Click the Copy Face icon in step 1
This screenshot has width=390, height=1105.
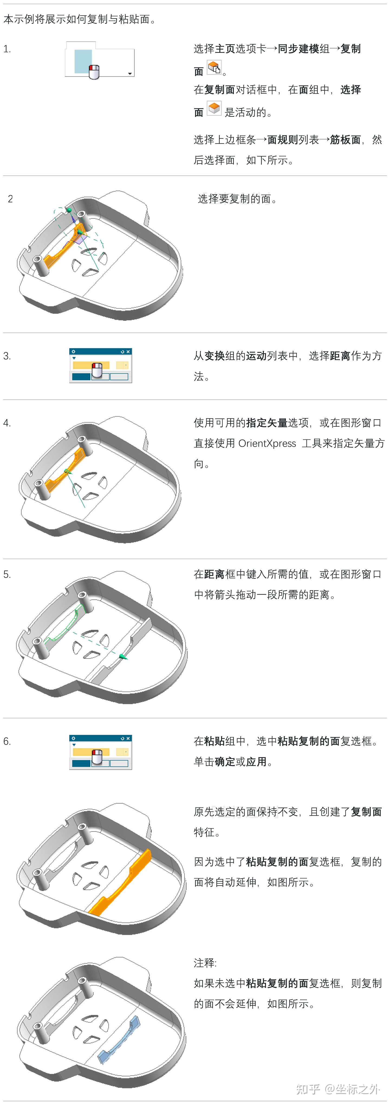click(x=214, y=67)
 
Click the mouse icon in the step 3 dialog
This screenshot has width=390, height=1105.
click(x=97, y=370)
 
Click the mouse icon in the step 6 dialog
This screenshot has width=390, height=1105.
click(x=97, y=757)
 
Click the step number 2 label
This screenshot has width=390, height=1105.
click(x=10, y=199)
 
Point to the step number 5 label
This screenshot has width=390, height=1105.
click(x=7, y=574)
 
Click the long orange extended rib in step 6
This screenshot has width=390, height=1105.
click(x=120, y=884)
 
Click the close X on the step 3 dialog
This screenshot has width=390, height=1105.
click(x=128, y=352)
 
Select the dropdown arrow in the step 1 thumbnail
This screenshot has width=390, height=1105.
click(x=130, y=74)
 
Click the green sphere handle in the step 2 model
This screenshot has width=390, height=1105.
click(x=69, y=210)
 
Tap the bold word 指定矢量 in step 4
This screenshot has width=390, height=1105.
click(x=266, y=423)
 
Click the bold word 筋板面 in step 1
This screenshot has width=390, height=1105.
click(x=345, y=140)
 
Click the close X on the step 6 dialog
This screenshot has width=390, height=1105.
click(x=128, y=738)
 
